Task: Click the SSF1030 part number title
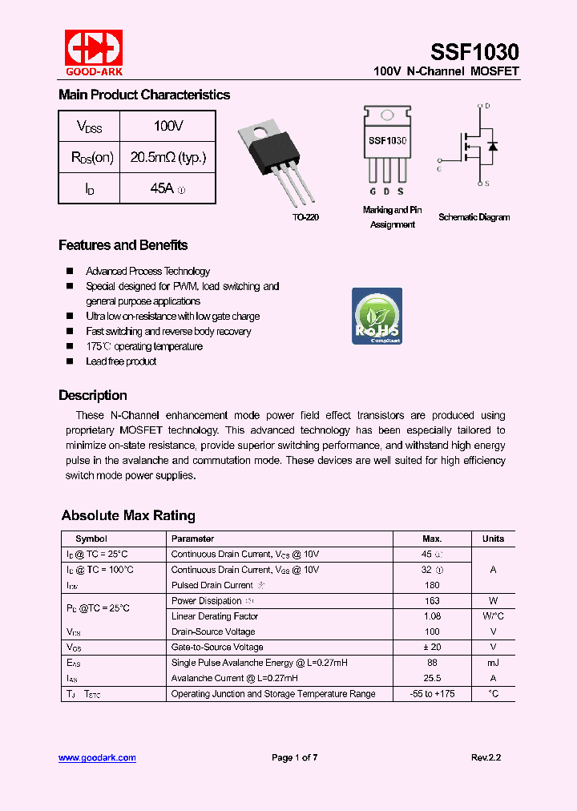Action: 474,52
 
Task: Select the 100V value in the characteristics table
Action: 168,126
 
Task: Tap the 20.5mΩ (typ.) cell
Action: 167,157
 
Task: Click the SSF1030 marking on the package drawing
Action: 387,140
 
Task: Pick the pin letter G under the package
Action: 373,192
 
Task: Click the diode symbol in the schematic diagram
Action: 492,146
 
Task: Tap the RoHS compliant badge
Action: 377,316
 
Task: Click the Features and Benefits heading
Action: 123,245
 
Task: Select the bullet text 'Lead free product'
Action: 121,361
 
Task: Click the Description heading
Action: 92,395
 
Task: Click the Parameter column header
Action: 192,539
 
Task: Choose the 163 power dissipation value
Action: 432,601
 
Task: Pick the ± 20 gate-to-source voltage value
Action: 432,647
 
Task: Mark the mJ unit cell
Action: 493,663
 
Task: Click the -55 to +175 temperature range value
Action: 432,693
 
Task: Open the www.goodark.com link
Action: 97,757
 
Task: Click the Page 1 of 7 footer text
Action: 295,757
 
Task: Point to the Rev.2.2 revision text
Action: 486,757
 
